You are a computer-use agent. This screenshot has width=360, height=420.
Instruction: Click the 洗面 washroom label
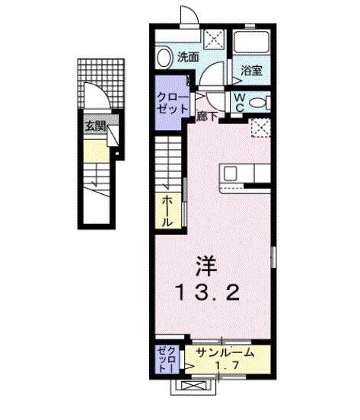click(189, 56)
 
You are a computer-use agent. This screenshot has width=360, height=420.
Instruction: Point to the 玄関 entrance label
click(95, 127)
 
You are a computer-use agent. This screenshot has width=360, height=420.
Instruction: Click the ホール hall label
click(167, 211)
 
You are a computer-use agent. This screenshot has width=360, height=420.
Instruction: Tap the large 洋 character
click(205, 266)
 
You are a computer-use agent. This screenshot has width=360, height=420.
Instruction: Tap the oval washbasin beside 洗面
click(164, 56)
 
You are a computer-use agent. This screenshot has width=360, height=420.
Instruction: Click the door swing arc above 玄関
click(94, 100)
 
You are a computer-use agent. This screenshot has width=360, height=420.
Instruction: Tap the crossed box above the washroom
click(214, 38)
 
